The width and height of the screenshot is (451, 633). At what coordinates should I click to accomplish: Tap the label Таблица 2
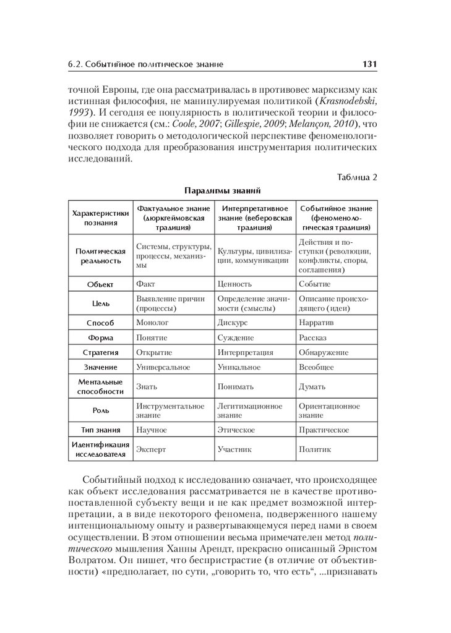click(357, 177)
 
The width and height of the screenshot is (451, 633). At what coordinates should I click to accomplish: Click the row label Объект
click(101, 284)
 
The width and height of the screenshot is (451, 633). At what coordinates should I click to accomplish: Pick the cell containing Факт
click(146, 284)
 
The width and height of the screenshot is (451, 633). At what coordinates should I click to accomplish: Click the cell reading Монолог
click(152, 323)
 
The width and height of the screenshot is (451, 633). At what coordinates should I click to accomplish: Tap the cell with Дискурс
click(233, 323)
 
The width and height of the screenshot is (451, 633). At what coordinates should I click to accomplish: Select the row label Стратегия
click(101, 352)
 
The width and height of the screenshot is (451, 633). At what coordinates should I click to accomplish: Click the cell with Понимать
click(236, 386)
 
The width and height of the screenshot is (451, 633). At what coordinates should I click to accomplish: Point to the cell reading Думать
click(312, 386)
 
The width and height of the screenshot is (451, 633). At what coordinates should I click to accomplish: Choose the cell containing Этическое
click(236, 430)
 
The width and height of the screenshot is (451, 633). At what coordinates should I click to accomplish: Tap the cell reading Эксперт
click(152, 449)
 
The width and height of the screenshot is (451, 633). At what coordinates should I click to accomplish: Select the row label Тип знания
click(101, 430)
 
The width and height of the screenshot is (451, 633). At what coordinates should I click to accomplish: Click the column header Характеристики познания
click(101, 218)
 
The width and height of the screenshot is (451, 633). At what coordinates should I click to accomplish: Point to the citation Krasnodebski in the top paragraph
click(347, 101)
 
